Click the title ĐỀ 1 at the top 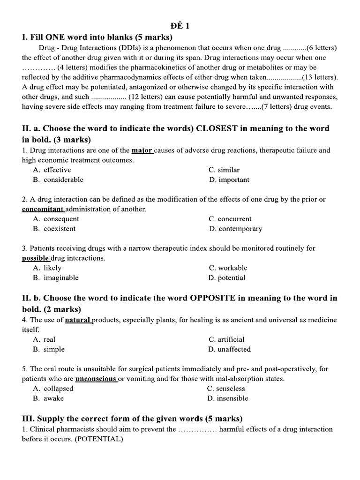pos(180,26)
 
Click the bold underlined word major pos(142,150)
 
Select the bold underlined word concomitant pos(43,209)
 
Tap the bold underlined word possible pos(36,258)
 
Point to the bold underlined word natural pos(78,320)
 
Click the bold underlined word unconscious pos(96,379)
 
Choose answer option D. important pos(229,180)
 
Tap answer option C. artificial pos(227,339)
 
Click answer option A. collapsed pos(53,389)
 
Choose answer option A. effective pos(52,170)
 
